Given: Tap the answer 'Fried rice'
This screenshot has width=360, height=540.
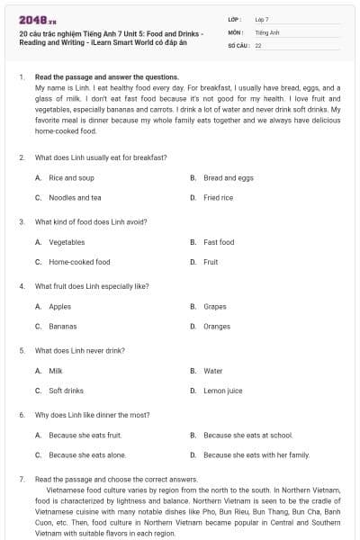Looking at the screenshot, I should (x=218, y=197).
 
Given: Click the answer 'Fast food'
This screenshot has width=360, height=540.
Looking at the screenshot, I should (x=219, y=242).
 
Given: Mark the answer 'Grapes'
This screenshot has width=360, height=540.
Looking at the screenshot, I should (x=215, y=307).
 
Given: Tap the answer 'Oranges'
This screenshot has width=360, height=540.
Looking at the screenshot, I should (x=217, y=326).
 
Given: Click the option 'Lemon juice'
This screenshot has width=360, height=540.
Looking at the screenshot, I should (x=222, y=391).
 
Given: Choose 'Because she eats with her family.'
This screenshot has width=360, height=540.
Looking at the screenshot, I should (x=256, y=454).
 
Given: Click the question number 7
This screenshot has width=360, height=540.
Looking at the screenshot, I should (x=21, y=479).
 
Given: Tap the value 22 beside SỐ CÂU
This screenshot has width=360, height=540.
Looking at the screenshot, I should (x=258, y=44).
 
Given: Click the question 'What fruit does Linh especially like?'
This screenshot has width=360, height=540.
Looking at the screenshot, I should (x=91, y=285).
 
